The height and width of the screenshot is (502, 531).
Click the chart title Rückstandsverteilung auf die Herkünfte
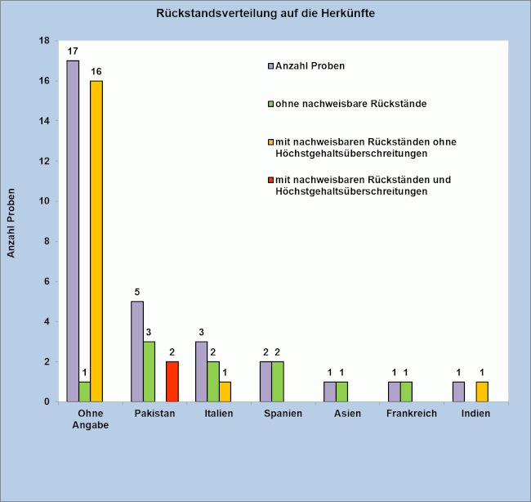click(x=266, y=14)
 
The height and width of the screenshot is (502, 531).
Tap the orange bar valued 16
click(x=96, y=240)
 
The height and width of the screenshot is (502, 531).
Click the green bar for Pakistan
click(x=149, y=371)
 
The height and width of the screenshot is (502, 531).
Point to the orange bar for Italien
click(x=225, y=392)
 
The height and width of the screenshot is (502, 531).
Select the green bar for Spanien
click(x=278, y=381)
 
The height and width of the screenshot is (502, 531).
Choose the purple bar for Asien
click(x=330, y=392)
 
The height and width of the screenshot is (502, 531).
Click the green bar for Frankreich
click(x=406, y=392)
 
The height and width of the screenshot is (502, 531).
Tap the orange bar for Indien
click(x=482, y=392)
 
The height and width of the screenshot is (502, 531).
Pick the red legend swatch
click(x=271, y=180)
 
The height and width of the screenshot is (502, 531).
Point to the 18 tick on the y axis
click(x=44, y=41)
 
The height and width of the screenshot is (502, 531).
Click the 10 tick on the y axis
click(x=44, y=201)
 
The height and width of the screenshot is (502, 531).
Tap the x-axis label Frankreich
click(x=412, y=414)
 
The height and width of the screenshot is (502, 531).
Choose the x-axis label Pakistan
click(x=154, y=414)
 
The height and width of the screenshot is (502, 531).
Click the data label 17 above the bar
click(x=73, y=52)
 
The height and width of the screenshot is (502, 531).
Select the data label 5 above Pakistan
click(x=136, y=292)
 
